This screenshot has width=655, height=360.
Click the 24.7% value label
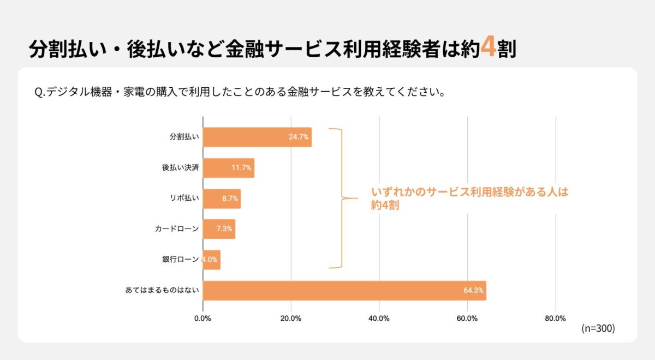(x=299, y=137)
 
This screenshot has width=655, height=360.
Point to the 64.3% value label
(x=473, y=290)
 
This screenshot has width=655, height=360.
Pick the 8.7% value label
(x=230, y=199)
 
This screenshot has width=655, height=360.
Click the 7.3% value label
(x=224, y=229)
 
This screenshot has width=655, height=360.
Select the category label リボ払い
(x=184, y=199)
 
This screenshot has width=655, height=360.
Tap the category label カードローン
(x=177, y=229)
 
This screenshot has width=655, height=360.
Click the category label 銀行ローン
(x=180, y=260)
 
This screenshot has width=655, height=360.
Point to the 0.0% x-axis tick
(x=203, y=319)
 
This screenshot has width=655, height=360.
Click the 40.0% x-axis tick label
(x=379, y=319)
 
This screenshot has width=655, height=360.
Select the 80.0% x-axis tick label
(x=555, y=319)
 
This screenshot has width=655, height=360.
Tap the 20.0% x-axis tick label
(x=291, y=319)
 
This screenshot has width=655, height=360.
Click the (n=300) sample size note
(x=598, y=328)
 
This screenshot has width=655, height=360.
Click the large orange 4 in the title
(x=489, y=48)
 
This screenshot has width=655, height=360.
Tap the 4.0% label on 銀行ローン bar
(x=210, y=260)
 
